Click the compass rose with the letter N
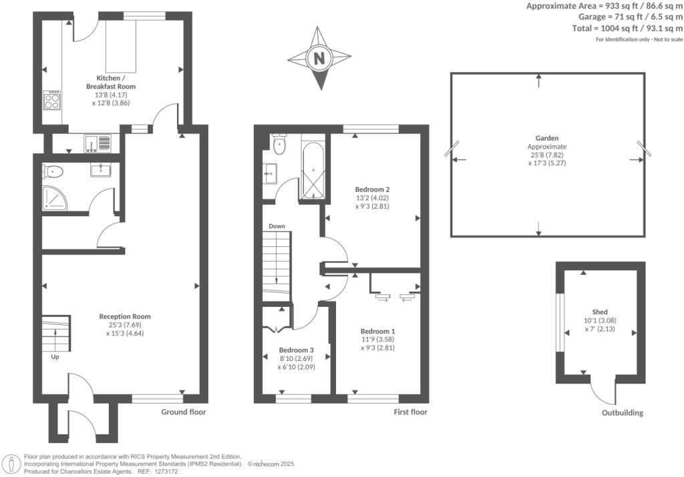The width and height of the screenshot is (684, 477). (319, 58)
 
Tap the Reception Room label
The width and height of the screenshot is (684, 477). (125, 316)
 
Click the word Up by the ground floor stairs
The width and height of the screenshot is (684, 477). (55, 357)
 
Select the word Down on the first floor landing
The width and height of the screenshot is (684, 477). (277, 226)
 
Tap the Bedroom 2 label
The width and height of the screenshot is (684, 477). (371, 188)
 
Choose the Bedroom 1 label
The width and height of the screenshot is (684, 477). (378, 331)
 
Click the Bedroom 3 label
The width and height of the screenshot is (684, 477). (296, 350)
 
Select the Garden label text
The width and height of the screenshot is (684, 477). (546, 138)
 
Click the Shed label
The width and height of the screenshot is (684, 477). (600, 312)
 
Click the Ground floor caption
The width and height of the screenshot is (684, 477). (184, 412)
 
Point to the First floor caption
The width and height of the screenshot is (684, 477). (410, 412)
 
